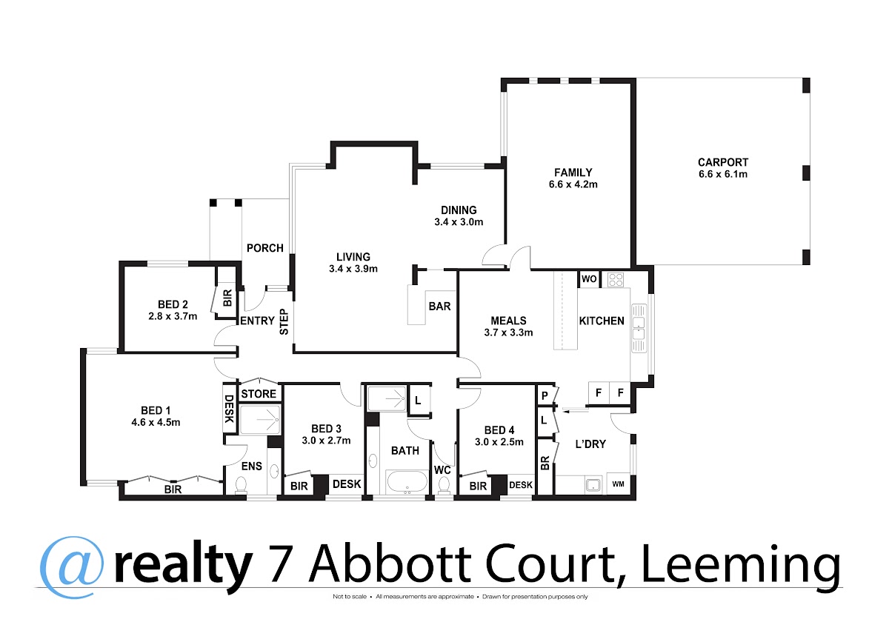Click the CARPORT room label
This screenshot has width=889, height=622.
click(723, 162)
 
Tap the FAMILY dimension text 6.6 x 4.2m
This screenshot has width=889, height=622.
click(573, 184)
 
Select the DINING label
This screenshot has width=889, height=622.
click(459, 210)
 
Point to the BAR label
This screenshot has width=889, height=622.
click(440, 307)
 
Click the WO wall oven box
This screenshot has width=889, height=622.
click(589, 279)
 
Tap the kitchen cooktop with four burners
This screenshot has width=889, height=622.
click(615, 279)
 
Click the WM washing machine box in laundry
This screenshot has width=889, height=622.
click(619, 484)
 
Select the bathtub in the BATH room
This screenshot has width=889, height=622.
click(407, 481)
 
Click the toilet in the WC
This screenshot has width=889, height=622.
click(444, 486)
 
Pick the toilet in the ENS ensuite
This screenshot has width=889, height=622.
click(241, 486)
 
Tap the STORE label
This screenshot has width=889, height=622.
click(259, 394)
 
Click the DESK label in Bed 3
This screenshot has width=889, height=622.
click(347, 484)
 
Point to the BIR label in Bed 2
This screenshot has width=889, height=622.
click(227, 298)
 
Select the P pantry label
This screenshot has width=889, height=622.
click(545, 395)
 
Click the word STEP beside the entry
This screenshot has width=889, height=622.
click(284, 321)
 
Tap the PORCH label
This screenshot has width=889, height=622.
click(265, 248)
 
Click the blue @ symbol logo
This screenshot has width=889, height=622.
click(72, 567)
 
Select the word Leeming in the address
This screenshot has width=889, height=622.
click(741, 564)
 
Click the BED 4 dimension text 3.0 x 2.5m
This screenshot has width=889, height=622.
click(499, 442)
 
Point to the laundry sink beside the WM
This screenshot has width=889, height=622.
click(593, 485)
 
